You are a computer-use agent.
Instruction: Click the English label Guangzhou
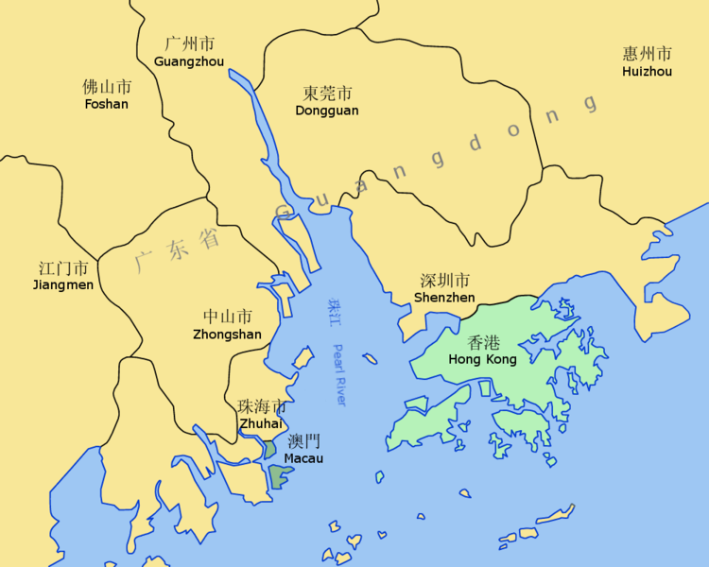tap(189, 61)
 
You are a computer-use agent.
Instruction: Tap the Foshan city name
tap(107, 104)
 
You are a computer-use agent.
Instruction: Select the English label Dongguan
tap(327, 111)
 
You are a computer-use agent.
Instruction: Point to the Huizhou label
tap(648, 71)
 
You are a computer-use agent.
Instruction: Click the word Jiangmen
tap(63, 284)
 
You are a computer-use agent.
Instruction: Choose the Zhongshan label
tap(227, 334)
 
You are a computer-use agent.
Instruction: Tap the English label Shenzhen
tap(444, 298)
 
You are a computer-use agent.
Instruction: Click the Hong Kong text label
tap(482, 360)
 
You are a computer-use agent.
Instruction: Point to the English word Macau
tap(303, 458)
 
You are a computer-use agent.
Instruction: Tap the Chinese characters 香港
tap(483, 344)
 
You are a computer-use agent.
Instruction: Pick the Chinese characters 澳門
tap(303, 441)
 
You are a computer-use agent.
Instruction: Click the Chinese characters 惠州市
tap(648, 54)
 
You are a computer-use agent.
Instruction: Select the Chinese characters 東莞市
tap(327, 94)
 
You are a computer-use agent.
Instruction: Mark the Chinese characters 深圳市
tap(444, 281)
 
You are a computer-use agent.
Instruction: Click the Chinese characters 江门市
tap(63, 267)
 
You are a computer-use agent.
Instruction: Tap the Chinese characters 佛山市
tap(107, 87)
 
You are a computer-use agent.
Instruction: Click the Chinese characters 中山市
tap(228, 317)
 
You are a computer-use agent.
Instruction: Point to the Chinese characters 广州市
tap(189, 44)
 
